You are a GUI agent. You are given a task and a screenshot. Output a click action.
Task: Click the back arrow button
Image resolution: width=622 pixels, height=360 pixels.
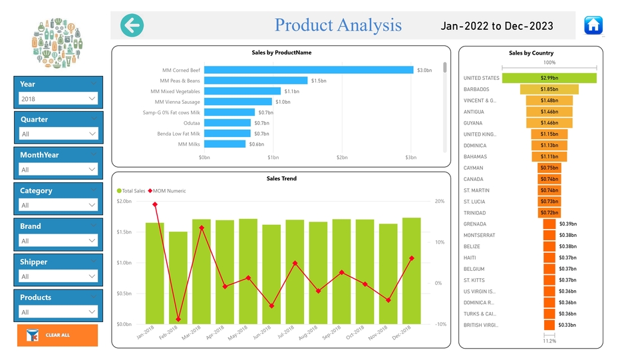(x=132, y=25)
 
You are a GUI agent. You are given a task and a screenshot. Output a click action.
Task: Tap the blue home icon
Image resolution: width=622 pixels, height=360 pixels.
(x=593, y=25)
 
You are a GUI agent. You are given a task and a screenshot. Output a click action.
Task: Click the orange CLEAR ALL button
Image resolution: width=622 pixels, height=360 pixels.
(x=57, y=335)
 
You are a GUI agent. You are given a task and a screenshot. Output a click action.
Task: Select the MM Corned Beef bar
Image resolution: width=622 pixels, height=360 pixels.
(x=308, y=70)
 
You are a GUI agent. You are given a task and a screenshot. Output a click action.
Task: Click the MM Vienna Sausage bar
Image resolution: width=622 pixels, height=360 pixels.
(x=237, y=102)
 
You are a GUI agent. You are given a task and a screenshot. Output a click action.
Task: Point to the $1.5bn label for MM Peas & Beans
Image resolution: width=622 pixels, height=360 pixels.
(x=319, y=81)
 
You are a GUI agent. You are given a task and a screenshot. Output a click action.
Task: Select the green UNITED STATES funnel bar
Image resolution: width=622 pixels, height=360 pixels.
(x=549, y=78)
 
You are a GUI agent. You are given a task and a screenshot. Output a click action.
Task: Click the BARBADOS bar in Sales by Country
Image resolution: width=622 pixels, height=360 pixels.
(x=549, y=89)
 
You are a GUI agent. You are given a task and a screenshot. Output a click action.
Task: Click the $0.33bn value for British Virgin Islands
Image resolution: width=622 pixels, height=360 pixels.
(x=567, y=325)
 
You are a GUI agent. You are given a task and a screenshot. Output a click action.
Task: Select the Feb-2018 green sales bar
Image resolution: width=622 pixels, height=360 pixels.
(x=178, y=277)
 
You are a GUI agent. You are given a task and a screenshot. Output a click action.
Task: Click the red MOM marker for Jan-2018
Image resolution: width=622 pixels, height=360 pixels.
(x=155, y=205)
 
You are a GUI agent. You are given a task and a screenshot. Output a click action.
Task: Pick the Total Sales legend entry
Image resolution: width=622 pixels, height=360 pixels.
(x=133, y=191)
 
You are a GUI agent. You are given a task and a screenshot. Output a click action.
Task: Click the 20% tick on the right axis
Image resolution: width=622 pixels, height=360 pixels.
(x=439, y=202)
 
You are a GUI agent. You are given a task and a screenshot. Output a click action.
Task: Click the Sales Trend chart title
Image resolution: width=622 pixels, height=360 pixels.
(x=281, y=178)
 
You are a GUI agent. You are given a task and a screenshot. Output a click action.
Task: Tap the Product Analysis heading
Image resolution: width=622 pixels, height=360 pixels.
(x=338, y=25)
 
